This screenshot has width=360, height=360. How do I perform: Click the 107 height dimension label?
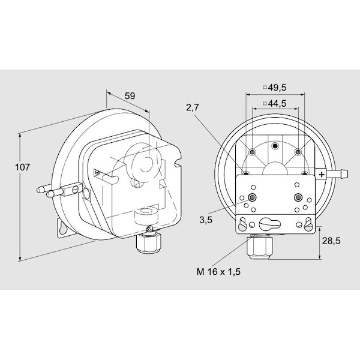pos(21,167)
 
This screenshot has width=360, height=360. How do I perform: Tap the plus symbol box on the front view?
pos(322,174)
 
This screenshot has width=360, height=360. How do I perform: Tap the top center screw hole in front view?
pos(275,146)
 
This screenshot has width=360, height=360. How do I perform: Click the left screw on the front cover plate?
pos(252,198)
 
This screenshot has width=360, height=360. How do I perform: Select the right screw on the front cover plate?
pos(298,198)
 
